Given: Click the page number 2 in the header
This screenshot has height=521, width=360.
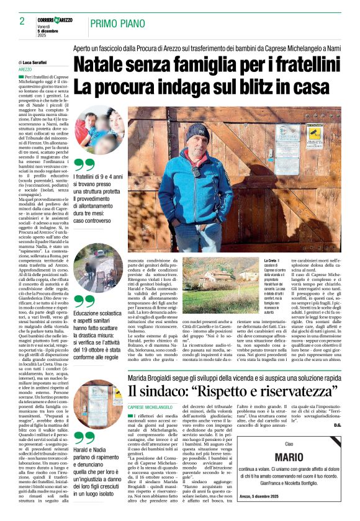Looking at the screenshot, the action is pyautogui.click(x=22, y=21).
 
